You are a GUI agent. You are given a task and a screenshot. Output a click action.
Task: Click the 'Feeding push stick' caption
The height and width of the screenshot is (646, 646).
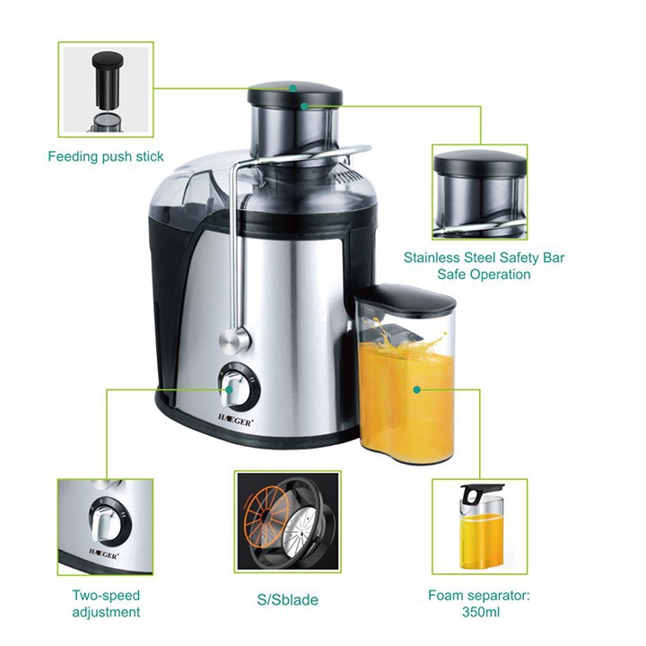[106, 156]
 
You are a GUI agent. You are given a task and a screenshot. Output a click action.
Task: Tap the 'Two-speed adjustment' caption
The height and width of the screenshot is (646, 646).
[106, 604]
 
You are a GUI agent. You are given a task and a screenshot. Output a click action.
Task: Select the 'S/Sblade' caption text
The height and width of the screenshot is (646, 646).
[288, 599]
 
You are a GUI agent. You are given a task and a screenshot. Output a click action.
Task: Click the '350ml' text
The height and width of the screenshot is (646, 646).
[481, 612]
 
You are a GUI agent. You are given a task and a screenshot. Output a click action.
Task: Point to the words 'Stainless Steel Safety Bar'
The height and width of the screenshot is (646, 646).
[484, 258]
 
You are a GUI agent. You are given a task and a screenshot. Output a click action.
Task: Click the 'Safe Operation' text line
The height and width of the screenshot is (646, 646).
[484, 274]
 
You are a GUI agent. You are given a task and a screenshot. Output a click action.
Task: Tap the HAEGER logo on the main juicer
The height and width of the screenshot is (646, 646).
[235, 421]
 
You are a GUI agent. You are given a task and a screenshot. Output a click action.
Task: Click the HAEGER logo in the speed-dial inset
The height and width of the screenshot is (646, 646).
[104, 554]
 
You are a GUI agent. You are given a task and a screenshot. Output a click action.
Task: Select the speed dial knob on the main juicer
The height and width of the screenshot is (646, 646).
[236, 388]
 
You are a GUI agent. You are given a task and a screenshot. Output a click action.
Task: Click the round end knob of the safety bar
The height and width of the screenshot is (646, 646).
[233, 341]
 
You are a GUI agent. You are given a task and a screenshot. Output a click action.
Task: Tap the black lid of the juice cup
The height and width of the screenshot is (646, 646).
[405, 298]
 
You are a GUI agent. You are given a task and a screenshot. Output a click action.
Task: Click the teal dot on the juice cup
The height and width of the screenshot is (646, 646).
[416, 389]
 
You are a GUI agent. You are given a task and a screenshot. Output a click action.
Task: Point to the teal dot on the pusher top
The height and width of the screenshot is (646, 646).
[292, 88]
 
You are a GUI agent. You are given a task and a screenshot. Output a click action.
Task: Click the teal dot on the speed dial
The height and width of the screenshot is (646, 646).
[229, 389]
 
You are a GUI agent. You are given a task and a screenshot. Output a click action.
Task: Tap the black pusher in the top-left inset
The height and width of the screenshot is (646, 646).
[107, 80]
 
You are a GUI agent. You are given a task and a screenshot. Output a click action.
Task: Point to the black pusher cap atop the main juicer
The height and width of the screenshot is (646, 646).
[294, 93]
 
